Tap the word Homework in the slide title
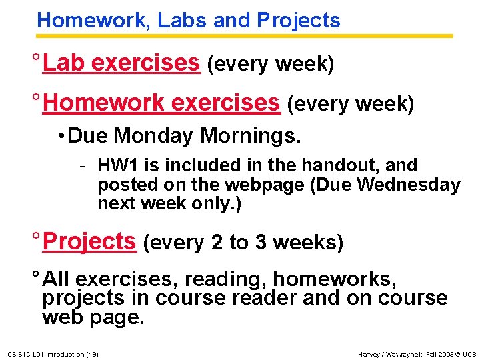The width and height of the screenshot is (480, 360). point(94,21)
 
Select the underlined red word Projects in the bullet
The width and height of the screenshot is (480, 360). point(89,241)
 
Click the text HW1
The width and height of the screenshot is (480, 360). point(115,165)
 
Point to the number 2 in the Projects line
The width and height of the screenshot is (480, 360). point(217,243)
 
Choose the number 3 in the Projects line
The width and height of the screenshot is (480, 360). point(261,243)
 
